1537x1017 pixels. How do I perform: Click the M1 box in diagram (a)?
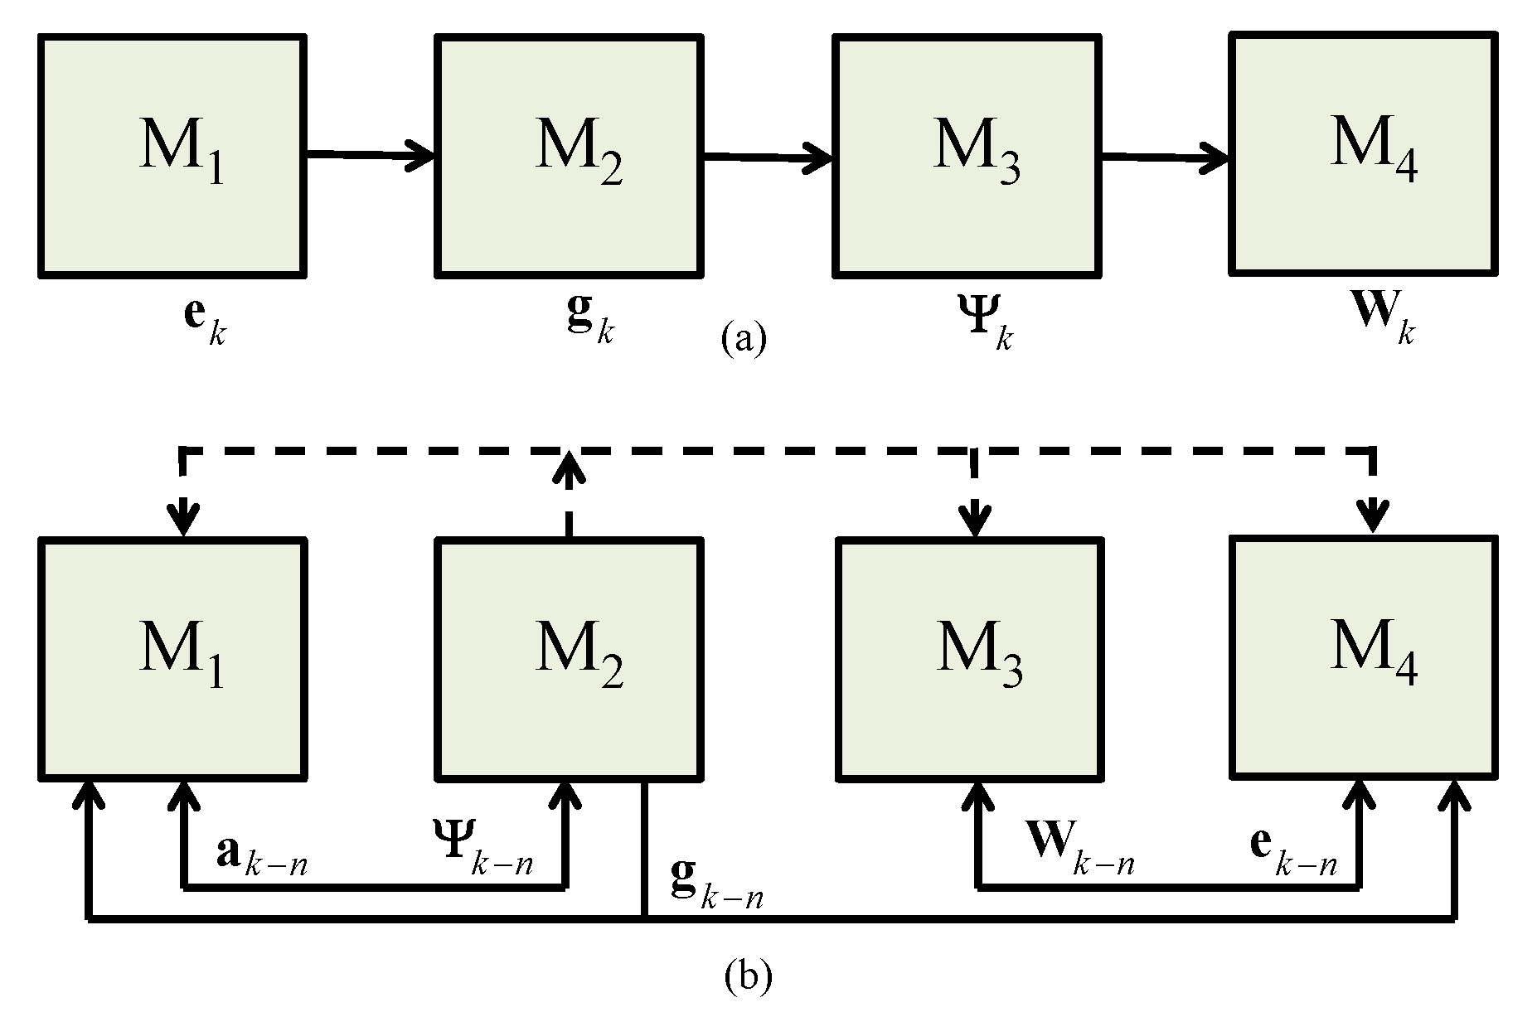coord(172,155)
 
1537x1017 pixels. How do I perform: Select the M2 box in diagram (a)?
coord(570,155)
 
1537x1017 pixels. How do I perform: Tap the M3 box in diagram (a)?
coord(968,155)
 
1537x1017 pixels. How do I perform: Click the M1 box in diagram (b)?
coord(172,658)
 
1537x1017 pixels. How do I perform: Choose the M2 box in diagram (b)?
coord(570,658)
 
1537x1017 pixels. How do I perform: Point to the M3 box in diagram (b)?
coord(970,658)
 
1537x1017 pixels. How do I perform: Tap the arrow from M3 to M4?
coord(1164,156)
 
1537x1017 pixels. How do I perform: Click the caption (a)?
coord(744,339)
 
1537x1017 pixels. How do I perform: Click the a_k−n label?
coord(261,857)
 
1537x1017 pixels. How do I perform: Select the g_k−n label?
coord(716,888)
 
